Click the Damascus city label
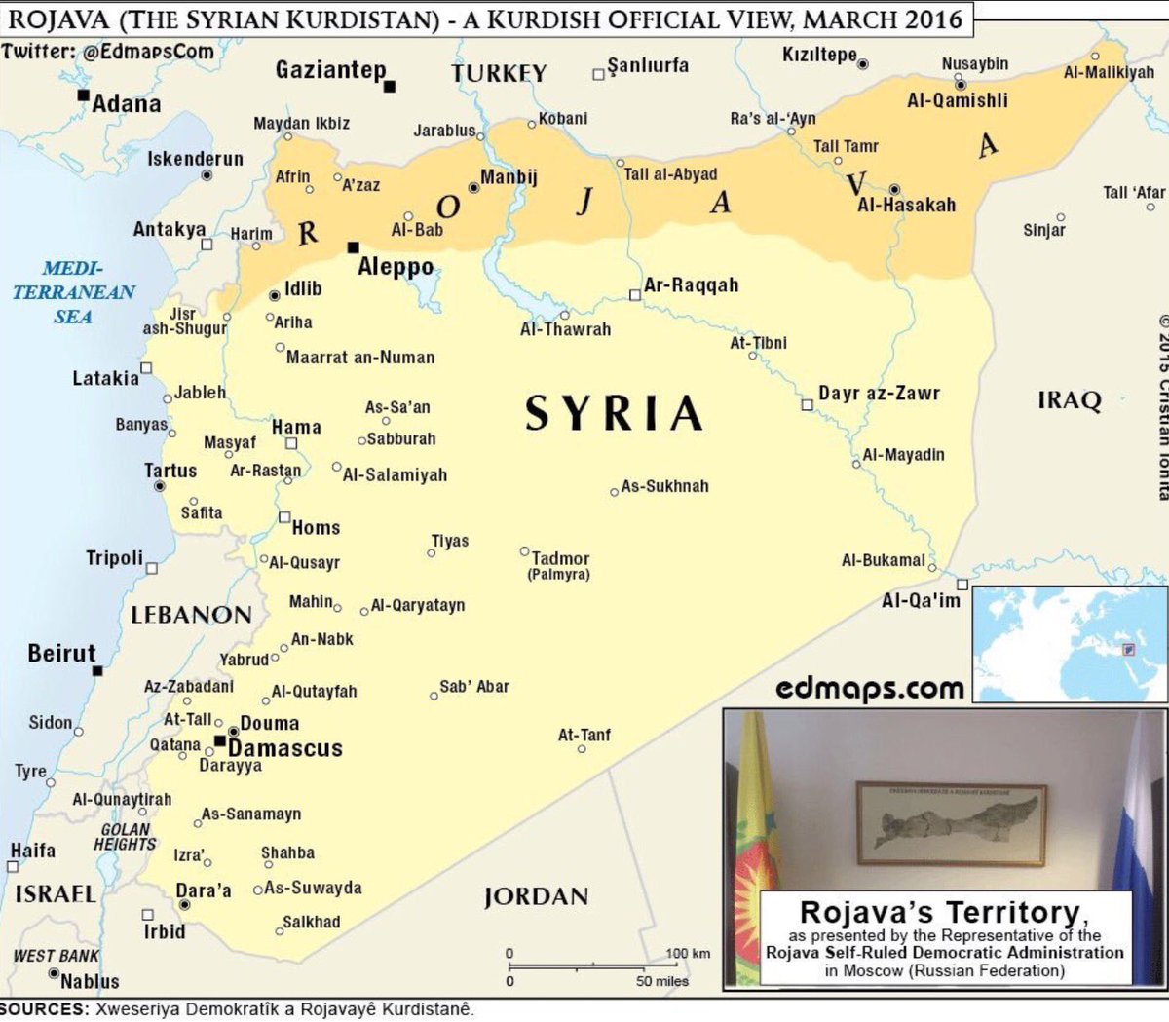[285, 748]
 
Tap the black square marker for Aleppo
[353, 248]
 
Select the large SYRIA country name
[614, 413]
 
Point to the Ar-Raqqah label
[692, 285]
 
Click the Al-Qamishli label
[958, 100]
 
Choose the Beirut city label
[61, 654]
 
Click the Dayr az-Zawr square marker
[807, 404]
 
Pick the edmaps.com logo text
[870, 689]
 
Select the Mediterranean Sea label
[73, 292]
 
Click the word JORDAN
[536, 896]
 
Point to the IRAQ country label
[1069, 400]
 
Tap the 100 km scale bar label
[688, 953]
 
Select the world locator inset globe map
[1069, 644]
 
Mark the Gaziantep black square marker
[390, 87]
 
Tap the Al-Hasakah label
[906, 206]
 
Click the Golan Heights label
[126, 837]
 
